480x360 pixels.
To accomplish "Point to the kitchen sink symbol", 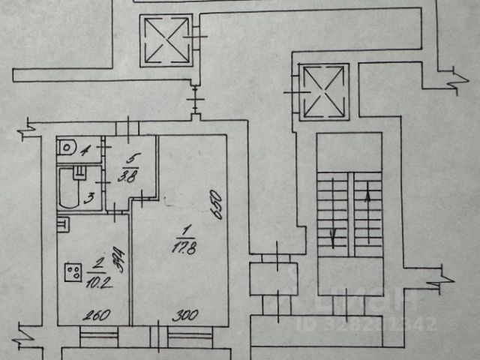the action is point(63,223).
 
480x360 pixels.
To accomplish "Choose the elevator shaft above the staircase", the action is point(324,91).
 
